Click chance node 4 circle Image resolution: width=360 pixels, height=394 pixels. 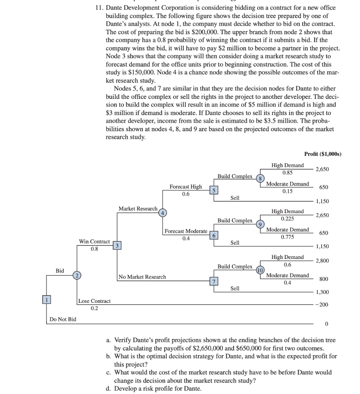[162, 212]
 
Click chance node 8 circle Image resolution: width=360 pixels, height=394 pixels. [261, 179]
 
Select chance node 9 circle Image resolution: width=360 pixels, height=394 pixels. [261, 224]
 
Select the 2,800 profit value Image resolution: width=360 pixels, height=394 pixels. [323, 261]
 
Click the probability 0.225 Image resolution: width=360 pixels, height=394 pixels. [287, 219]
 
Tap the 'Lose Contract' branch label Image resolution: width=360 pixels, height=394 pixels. [94, 301]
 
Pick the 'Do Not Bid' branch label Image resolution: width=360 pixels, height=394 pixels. [63, 319]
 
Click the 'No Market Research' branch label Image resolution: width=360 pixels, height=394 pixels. [142, 277]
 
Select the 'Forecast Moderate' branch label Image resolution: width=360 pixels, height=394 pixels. [186, 231]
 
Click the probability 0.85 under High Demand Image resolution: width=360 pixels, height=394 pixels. [287, 173]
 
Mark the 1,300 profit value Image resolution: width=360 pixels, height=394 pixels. [323, 292]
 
